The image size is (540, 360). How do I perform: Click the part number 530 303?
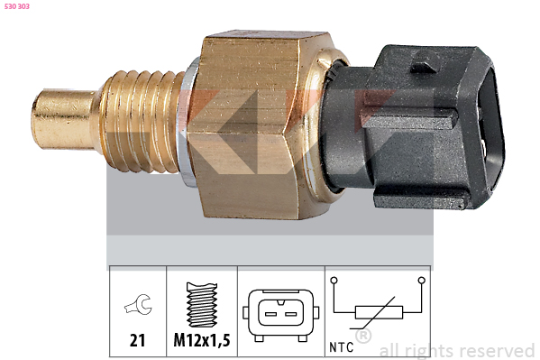coord(17,6)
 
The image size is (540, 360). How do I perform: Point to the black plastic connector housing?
coord(413,127)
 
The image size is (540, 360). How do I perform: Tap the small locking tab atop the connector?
coord(425,62)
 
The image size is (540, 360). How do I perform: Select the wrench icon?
coord(139,304)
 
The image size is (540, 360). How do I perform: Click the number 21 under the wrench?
coord(137,340)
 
